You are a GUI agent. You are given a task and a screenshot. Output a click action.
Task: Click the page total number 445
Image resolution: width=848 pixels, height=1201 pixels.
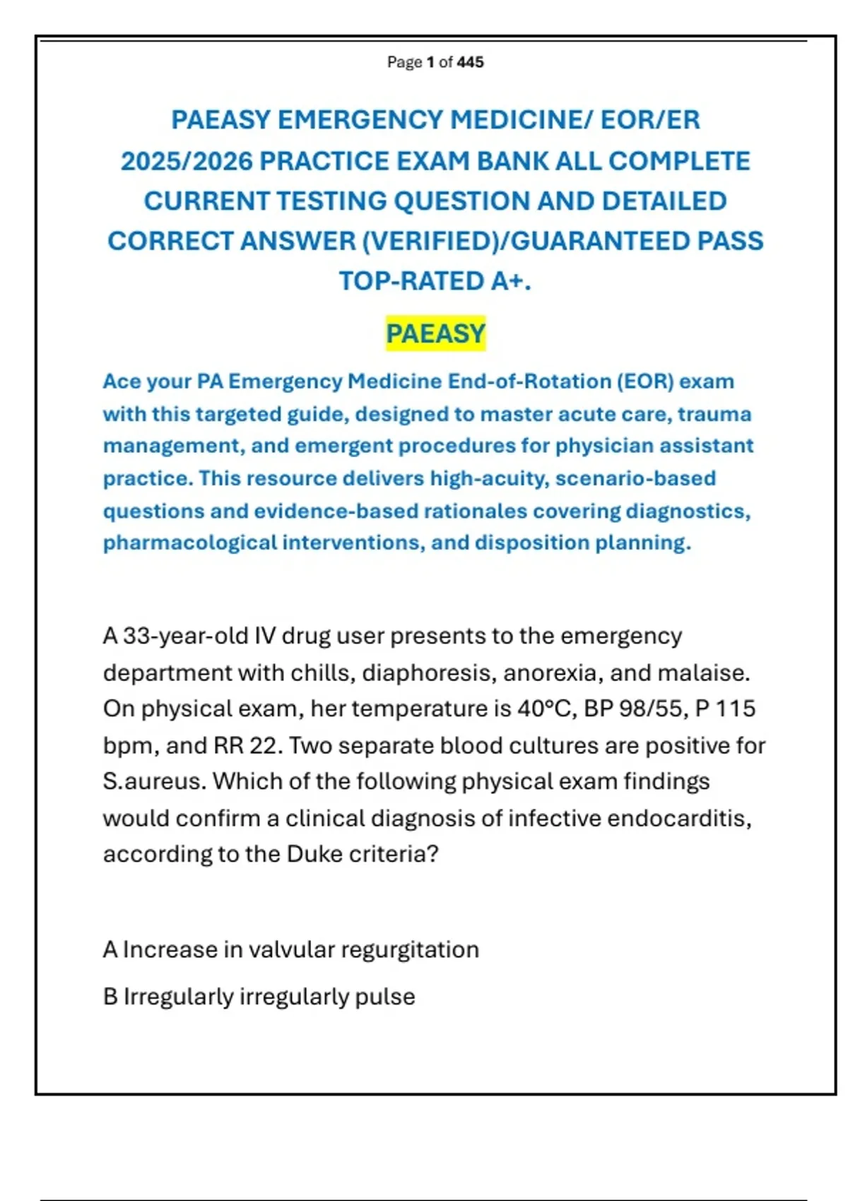pos(471,62)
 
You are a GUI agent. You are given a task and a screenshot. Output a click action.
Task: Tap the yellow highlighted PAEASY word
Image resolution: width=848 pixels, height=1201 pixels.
pos(436,333)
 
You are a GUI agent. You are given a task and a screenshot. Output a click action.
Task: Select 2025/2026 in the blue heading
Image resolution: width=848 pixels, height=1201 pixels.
pos(187,162)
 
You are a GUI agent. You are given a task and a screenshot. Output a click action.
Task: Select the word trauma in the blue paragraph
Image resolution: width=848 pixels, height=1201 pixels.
pos(714,414)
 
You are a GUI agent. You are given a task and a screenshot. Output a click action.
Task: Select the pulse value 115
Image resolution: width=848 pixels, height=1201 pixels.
pos(736,709)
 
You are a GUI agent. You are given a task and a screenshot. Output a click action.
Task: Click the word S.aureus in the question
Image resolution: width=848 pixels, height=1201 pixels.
pos(153,781)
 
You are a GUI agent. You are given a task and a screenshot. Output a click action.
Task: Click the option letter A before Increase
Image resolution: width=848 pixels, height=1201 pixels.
pos(110,949)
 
